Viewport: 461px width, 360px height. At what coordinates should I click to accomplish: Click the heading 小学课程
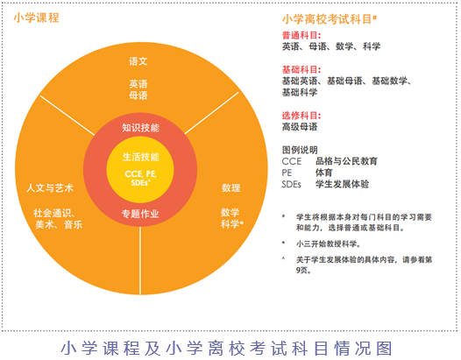37,18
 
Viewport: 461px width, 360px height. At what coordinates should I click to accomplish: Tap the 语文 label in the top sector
138,61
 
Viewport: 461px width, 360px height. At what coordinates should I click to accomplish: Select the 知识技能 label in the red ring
140,128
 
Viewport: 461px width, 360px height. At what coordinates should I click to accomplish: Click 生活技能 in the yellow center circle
140,157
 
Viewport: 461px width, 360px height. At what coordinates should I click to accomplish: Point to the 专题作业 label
140,214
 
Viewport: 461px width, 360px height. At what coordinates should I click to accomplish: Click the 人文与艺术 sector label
50,187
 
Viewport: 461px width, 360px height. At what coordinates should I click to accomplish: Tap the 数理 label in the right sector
230,187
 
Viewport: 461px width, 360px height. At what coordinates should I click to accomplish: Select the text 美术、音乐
59,224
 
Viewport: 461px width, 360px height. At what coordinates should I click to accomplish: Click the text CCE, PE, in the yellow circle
140,174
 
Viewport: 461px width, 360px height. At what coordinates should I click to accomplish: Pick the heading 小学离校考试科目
327,19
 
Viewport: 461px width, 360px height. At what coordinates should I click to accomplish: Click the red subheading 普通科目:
301,36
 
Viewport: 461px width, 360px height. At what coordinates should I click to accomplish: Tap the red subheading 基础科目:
301,70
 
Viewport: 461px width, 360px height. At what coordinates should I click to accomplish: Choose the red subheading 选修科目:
301,116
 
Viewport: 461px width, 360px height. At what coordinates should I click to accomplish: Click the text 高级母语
300,127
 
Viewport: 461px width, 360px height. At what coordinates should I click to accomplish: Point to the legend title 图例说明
300,150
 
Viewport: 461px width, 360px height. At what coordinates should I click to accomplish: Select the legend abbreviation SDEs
291,184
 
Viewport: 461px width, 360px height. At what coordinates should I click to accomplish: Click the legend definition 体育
324,173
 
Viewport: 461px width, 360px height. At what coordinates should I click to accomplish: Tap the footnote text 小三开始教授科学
328,244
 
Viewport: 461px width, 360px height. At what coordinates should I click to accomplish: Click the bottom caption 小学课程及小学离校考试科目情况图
226,349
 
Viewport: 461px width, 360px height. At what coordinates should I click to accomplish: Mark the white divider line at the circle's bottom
140,260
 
